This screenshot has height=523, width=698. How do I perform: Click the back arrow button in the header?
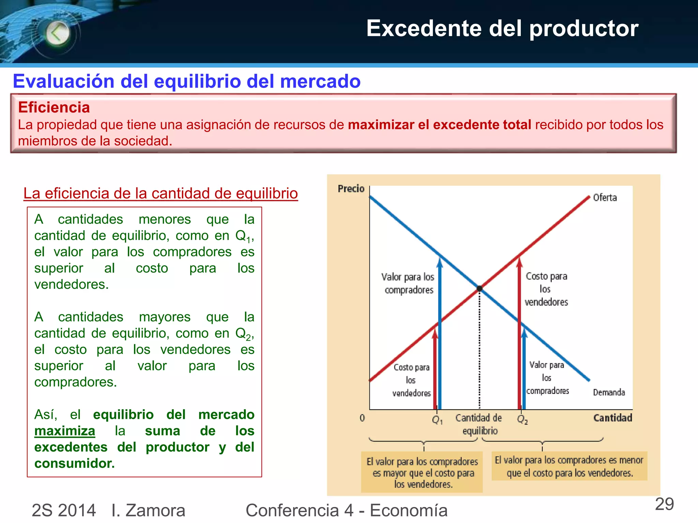click(x=57, y=33)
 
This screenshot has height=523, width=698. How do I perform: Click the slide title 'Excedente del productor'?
click(x=502, y=28)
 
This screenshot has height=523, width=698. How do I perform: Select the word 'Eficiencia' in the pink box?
click(x=54, y=107)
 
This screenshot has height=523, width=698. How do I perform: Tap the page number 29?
click(x=664, y=504)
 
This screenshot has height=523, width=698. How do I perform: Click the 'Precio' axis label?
click(x=351, y=189)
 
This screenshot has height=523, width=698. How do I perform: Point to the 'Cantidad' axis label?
click(x=612, y=418)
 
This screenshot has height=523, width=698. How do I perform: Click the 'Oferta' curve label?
click(x=605, y=197)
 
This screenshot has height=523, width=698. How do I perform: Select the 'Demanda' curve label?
click(x=609, y=393)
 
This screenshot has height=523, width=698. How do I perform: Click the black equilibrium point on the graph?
click(x=480, y=289)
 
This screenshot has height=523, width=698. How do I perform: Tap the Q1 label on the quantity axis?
click(x=437, y=420)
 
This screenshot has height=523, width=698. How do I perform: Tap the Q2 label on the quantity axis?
click(x=522, y=419)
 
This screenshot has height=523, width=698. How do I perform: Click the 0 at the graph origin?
click(x=362, y=418)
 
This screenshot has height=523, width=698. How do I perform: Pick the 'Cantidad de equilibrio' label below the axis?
click(x=479, y=424)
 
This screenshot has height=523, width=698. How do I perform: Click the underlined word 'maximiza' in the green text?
click(x=65, y=431)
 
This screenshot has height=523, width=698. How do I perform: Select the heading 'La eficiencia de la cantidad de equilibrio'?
click(x=161, y=193)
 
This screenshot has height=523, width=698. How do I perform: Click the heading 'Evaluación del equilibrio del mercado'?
click(x=187, y=81)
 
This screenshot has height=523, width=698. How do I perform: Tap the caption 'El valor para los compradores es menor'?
click(x=569, y=460)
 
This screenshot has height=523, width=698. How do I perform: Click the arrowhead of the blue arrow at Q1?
click(x=440, y=263)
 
